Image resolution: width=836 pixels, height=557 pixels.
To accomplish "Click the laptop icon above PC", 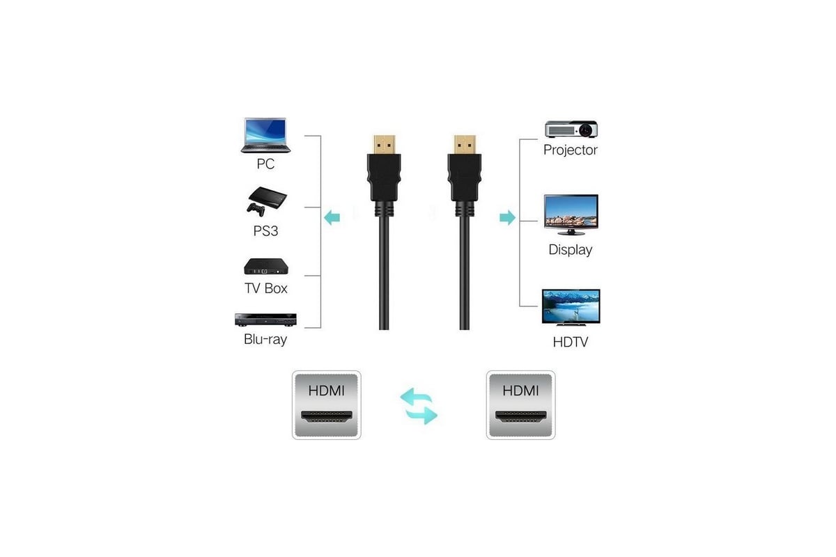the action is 265,135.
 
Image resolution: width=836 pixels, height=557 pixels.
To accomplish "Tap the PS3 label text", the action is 265,231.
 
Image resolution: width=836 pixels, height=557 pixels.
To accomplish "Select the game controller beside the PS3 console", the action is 256,210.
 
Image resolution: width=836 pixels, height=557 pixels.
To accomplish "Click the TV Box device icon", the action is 266,267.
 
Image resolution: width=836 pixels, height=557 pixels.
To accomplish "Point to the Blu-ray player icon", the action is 265,320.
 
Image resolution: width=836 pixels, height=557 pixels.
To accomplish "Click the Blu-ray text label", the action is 265,340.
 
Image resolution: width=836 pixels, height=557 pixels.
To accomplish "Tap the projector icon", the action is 571,129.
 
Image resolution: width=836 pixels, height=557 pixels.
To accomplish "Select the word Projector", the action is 571,150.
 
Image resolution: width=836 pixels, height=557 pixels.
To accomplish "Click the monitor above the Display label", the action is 571,214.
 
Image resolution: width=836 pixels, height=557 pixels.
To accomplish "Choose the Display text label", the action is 571,249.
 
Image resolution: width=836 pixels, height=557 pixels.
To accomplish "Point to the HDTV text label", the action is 571,342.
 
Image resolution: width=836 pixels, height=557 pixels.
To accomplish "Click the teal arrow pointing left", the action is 332,217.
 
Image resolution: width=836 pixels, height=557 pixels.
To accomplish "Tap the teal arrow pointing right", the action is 508,217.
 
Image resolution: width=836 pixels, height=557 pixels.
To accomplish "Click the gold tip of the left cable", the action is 384,144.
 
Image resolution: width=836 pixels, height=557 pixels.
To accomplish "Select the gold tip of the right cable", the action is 465,144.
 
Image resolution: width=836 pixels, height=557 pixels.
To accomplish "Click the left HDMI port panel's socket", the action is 327,416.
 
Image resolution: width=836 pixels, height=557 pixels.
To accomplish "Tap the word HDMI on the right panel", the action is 520,391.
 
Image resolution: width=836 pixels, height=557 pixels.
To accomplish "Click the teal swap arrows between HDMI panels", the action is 419,406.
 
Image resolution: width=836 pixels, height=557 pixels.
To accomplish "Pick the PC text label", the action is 265,164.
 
